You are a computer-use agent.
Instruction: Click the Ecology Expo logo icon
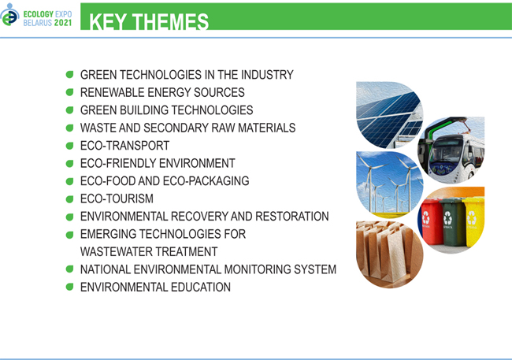pos(9,15)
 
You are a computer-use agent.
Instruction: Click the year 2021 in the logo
pos(63,23)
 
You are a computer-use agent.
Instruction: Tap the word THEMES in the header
pos(172,21)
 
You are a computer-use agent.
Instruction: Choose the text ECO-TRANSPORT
pos(124,146)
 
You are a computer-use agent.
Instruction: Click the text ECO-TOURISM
pos(117,199)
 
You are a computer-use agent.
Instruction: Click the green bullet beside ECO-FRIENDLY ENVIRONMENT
pos(69,163)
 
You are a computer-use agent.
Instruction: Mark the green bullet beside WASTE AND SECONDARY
pos(69,128)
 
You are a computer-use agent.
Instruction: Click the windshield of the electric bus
pos(447,150)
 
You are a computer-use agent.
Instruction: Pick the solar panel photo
pos(389,115)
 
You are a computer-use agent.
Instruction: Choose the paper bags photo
pos(389,254)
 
